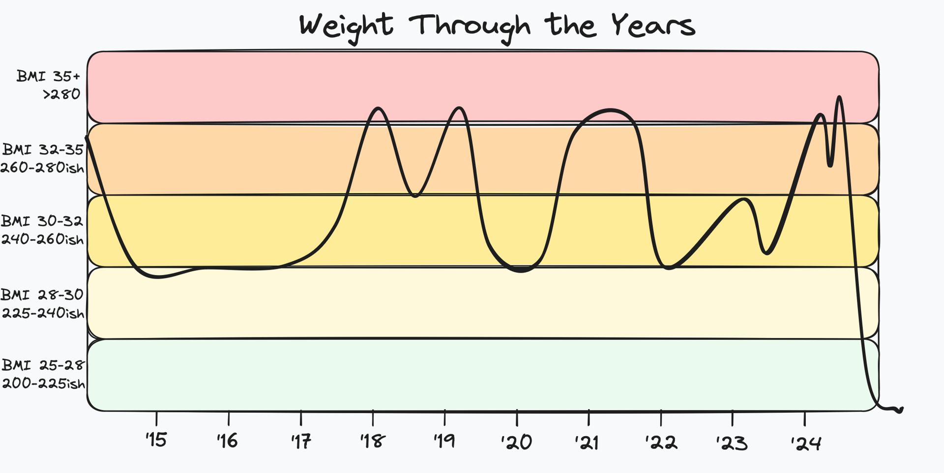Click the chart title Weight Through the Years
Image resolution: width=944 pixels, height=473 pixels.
[x=497, y=26]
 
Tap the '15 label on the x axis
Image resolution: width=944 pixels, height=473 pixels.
[x=156, y=440]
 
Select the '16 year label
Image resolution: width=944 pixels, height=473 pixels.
[x=228, y=441]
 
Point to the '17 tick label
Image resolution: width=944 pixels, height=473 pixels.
[x=300, y=441]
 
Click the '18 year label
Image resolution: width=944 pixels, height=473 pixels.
[x=372, y=441]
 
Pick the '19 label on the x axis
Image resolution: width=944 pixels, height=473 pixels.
[x=444, y=441]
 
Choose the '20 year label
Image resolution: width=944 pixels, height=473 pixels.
[x=517, y=442]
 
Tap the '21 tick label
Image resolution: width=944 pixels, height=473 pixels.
[x=587, y=442]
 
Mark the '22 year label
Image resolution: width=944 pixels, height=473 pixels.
[x=661, y=442]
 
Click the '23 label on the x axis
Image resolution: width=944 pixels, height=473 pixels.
[x=732, y=443]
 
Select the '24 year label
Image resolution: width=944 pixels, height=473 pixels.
[x=806, y=443]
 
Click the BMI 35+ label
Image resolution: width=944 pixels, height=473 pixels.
[x=48, y=77]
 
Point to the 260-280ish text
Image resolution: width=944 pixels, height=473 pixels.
[x=42, y=168]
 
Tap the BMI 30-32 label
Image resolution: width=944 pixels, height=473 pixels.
[x=42, y=221]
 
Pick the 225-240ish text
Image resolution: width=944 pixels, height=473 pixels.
[x=43, y=313]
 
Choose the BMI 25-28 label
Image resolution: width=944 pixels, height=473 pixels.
[x=43, y=365]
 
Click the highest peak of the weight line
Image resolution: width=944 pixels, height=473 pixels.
[x=839, y=97]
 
